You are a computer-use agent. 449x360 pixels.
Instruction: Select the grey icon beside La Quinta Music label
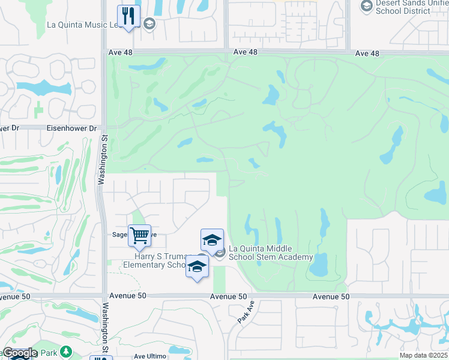(149, 25)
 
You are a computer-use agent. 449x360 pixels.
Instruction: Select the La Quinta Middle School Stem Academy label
(271, 253)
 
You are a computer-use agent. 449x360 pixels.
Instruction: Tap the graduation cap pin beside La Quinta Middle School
(212, 240)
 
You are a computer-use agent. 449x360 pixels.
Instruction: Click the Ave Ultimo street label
(149, 356)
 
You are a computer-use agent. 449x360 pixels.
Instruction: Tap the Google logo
(20, 353)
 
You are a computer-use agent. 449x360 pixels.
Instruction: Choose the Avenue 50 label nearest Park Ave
(229, 297)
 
